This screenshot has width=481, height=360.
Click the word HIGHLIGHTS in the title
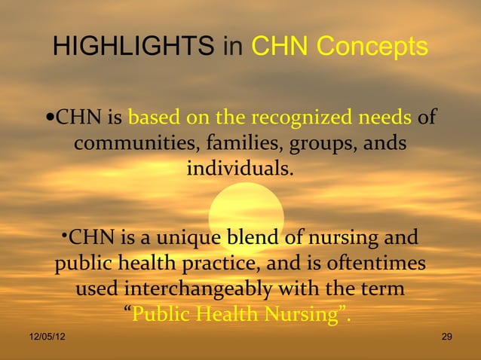133,47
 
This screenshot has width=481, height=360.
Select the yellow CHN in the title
279,47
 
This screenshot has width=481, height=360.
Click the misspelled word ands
385,142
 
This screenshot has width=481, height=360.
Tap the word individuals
240,166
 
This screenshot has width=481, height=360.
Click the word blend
249,239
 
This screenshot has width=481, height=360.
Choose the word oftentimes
377,264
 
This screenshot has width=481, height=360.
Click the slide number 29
446,336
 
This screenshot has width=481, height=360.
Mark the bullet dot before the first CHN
49,118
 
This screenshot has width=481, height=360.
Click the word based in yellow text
152,118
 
